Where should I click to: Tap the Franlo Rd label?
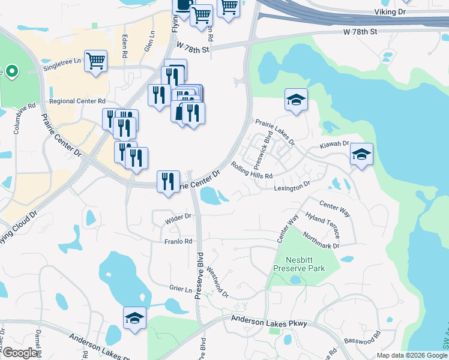tap(178, 241)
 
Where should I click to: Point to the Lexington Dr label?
tap(292, 187)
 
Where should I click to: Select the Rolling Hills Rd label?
tap(252, 171)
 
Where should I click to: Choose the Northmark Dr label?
tap(321, 240)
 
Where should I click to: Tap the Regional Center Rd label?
tap(77, 101)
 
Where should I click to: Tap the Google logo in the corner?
tap(20, 353)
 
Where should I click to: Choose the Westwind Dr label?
tap(217, 282)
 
